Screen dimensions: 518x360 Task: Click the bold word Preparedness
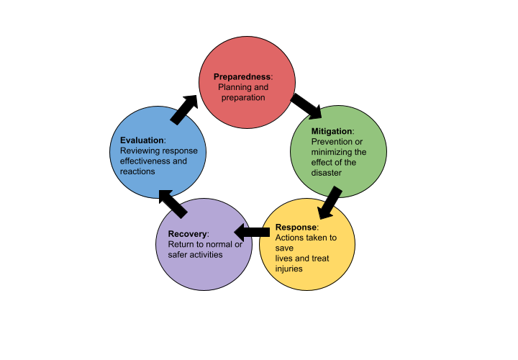point(242,77)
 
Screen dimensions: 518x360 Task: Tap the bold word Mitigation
point(332,131)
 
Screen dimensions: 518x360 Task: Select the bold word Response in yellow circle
point(296,228)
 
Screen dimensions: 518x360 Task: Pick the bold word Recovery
point(187,234)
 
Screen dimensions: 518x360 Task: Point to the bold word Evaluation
point(142,140)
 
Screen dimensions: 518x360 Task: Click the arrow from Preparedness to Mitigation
point(306,106)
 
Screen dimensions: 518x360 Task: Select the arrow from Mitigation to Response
point(330,202)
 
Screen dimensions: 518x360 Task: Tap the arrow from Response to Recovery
point(252,232)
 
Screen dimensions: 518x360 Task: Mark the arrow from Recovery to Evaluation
point(173,203)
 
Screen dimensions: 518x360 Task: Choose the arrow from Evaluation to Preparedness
point(184,109)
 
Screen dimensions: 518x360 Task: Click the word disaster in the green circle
point(327,173)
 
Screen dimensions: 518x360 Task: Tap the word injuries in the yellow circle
point(288,269)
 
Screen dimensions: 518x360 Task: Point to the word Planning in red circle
point(235,88)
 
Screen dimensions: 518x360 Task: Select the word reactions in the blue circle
point(137,171)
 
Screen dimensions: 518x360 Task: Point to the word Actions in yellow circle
point(288,238)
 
